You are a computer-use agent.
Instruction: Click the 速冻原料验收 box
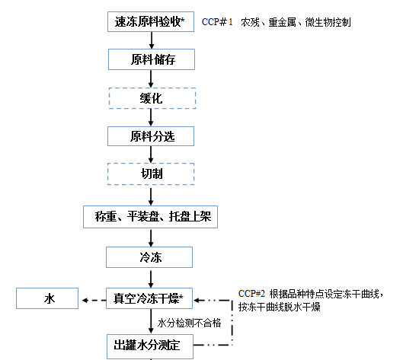point(151,21)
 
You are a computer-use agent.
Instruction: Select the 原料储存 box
point(152,59)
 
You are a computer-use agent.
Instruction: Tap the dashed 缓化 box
point(152,98)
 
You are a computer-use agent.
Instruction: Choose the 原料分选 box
point(151,136)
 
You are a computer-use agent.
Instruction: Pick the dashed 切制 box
point(151,174)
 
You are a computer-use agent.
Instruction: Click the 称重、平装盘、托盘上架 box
point(150,217)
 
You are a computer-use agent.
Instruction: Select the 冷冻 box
point(149,257)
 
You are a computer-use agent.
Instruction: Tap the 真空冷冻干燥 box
point(149,298)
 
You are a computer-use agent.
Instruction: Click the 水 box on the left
point(47,298)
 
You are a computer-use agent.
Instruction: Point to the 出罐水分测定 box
point(150,346)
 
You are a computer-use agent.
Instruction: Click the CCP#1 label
point(217,22)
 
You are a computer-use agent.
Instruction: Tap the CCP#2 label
point(251,293)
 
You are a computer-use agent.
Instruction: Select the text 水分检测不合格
point(189,323)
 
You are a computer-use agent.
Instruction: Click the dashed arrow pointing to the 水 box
point(94,300)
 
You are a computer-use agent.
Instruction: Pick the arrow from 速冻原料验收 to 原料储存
point(152,40)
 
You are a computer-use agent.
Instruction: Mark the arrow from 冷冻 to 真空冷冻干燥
point(151,278)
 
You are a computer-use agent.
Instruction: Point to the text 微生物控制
point(328,22)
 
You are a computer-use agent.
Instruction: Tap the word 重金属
point(282,22)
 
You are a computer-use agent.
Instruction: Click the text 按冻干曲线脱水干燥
point(279,307)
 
